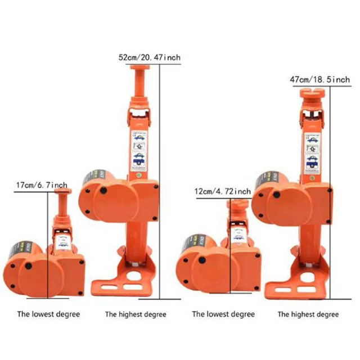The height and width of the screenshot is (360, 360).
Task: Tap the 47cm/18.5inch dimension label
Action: [x=319, y=80]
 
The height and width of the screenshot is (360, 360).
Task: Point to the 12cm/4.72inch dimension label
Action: [x=222, y=192]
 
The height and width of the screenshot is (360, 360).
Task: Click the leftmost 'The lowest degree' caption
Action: [x=48, y=314]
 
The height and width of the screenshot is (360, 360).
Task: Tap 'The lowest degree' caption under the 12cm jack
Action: [x=223, y=314]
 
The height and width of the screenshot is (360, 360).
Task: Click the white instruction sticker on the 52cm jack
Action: [x=139, y=149]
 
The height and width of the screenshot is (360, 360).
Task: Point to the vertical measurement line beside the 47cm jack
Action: [x=332, y=191]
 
